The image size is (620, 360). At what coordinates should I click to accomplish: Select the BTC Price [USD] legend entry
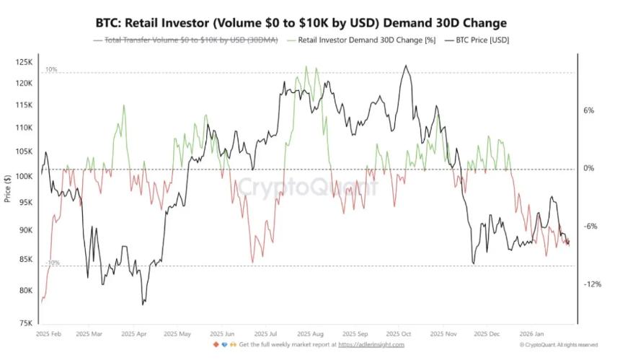coord(482,40)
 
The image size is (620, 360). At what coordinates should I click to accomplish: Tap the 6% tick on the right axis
coord(588,111)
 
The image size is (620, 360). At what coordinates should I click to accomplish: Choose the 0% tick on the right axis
coord(588,169)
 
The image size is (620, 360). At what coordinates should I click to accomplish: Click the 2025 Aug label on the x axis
coord(313,335)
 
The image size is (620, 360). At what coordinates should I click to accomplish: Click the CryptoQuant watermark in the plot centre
coord(308,188)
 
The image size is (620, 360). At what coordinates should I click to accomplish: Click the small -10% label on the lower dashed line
coord(52,263)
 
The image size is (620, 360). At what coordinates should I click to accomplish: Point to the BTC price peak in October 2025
coord(407,66)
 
